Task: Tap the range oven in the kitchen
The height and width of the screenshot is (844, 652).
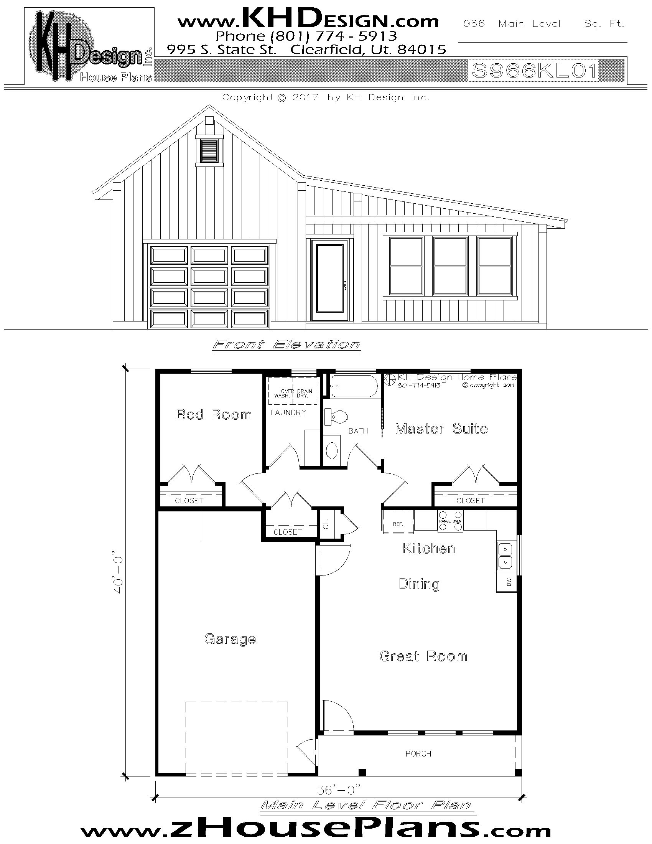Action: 450,521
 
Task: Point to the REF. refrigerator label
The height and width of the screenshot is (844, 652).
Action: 398,524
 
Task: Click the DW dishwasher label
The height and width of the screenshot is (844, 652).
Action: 509,582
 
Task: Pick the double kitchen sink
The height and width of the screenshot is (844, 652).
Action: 506,555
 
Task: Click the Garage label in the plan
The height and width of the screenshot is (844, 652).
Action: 230,639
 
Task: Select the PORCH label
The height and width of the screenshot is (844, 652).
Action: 418,753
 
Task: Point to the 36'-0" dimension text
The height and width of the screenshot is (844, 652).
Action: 338,790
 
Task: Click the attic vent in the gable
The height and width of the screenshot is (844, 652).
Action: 209,151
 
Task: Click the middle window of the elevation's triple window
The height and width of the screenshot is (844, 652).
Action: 450,265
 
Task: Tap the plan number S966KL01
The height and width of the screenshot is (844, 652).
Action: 534,71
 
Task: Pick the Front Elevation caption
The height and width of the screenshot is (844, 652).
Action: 286,345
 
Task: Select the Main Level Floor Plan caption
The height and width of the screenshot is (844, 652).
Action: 366,805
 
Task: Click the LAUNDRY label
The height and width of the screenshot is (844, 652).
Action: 288,412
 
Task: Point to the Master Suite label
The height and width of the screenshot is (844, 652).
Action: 441,429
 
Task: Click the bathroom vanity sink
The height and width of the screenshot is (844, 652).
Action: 332,450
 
